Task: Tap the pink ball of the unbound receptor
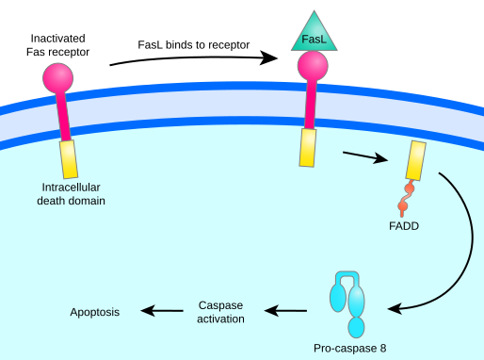coord(57,78)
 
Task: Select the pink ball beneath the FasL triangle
coord(313,66)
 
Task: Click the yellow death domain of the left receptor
coord(69,159)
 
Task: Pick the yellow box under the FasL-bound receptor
coord(308,147)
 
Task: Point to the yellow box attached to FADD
coord(415,161)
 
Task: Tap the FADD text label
coord(403,226)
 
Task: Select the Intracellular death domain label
coord(71,193)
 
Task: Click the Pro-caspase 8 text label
coord(349,348)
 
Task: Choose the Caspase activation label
coord(221,312)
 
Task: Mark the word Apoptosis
coord(95,312)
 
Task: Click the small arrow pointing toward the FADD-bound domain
coord(365,155)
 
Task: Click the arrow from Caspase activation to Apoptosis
coord(162,311)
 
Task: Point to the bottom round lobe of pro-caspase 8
coord(356,327)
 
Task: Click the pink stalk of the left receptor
coord(62,117)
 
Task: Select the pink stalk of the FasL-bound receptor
coord(309,104)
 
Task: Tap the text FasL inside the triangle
coord(314,40)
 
